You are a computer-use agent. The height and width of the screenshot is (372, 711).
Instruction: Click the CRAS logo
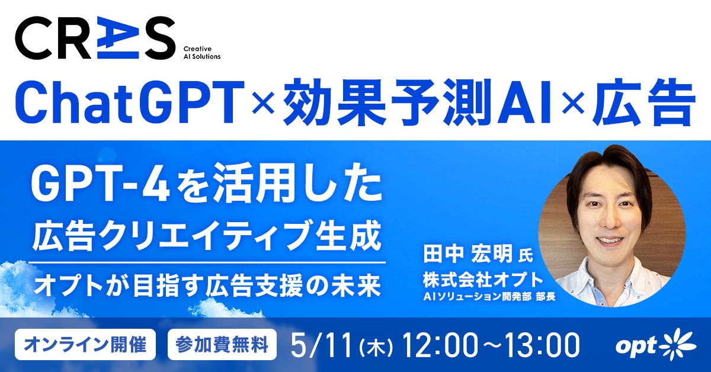click(x=95, y=38)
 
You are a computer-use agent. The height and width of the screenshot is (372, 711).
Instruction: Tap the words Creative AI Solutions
click(x=201, y=52)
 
